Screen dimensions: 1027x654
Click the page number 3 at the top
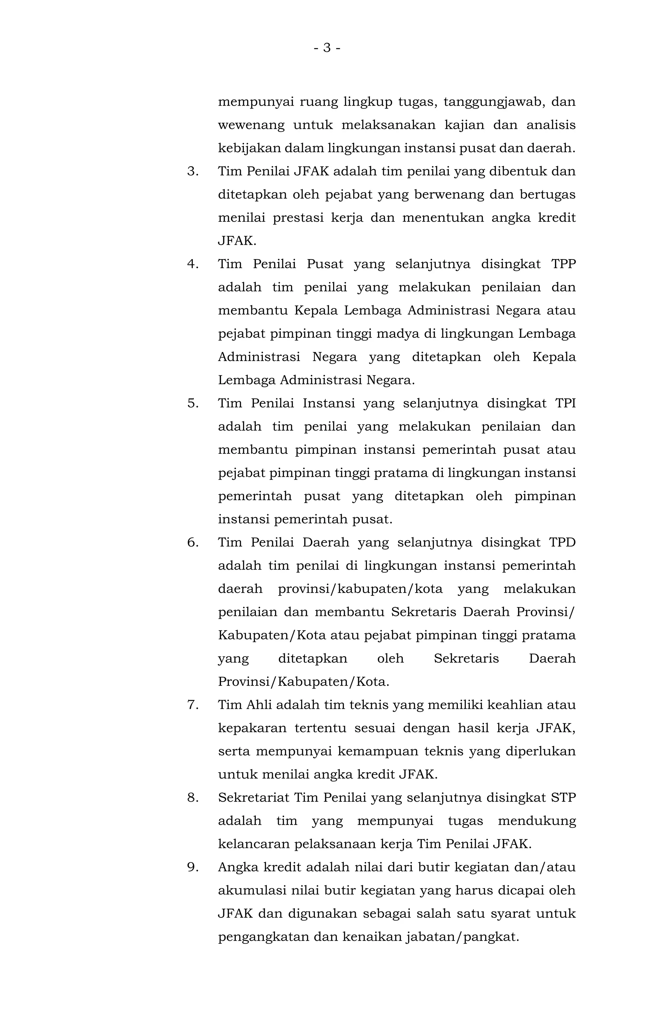click(327, 48)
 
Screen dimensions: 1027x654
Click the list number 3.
click(193, 171)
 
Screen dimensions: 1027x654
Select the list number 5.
click(193, 403)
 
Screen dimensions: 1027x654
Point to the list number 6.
click(193, 543)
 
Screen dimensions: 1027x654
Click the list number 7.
click(193, 705)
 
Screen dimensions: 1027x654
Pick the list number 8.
click(193, 798)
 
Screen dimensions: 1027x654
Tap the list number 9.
click(193, 867)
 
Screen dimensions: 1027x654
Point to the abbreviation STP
click(563, 798)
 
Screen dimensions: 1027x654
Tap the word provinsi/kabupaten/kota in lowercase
click(360, 589)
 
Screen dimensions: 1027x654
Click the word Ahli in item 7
click(259, 705)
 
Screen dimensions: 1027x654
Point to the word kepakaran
click(252, 728)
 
